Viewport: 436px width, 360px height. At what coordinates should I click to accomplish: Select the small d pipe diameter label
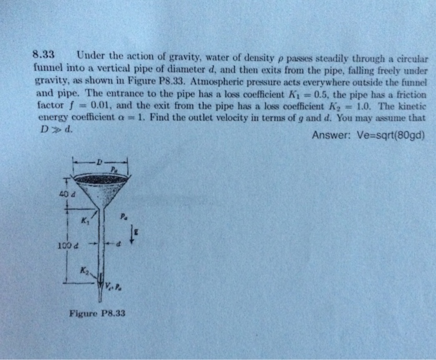120,244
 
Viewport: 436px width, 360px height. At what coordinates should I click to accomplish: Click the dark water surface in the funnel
100,179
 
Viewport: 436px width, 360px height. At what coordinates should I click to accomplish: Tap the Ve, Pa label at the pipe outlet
114,288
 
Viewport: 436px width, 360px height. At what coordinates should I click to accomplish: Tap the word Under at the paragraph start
91,55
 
